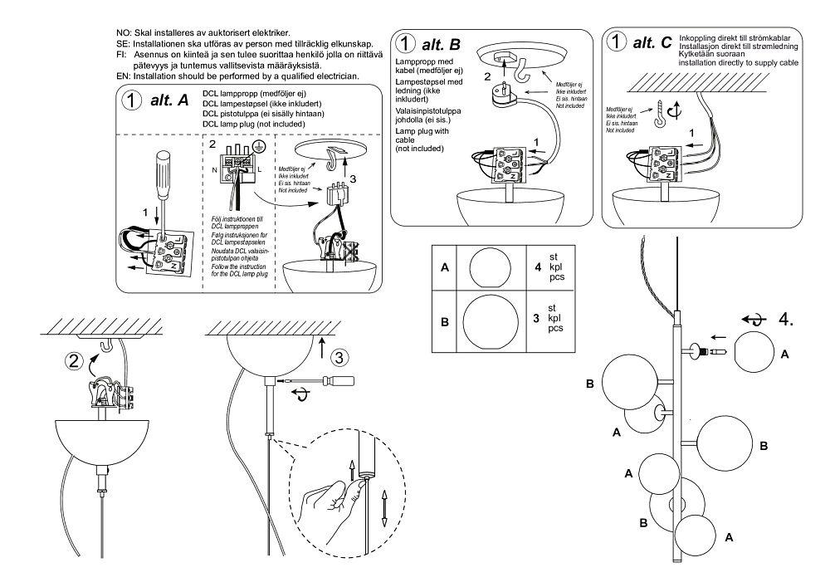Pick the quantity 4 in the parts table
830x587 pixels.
pyautogui.click(x=537, y=267)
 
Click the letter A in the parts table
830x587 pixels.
pyautogui.click(x=446, y=268)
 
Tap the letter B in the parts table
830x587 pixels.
pyautogui.click(x=446, y=320)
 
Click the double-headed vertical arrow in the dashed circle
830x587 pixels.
pyautogui.click(x=385, y=507)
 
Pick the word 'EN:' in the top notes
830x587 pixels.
pyautogui.click(x=124, y=76)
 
